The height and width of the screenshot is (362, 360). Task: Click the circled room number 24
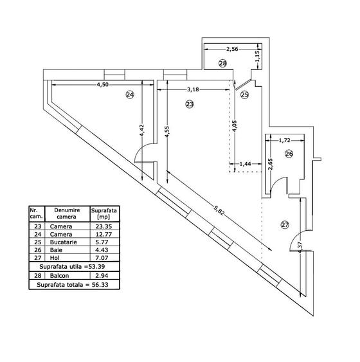[130, 95]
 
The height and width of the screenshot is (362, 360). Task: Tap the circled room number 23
[190, 104]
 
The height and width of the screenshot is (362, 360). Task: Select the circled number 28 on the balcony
[222, 63]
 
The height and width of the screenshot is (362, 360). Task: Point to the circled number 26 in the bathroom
[289, 154]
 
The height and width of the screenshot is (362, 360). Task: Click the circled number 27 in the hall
[285, 224]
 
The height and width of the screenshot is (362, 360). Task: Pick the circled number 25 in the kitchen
[245, 95]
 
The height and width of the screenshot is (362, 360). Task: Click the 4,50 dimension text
[102, 84]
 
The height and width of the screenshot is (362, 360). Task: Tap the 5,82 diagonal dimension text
[219, 210]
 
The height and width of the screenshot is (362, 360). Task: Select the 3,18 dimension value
[193, 89]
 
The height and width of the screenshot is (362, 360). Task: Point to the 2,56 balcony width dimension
[232, 49]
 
